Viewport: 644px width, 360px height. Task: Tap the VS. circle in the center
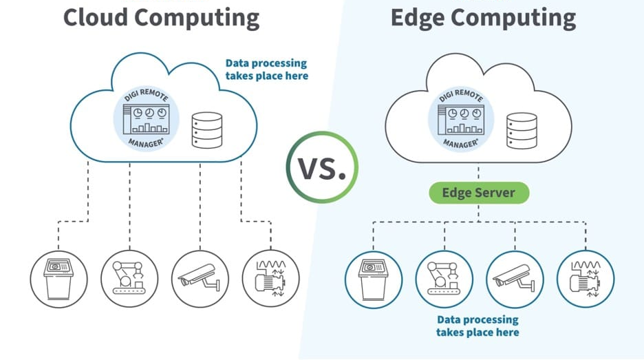pyautogui.click(x=323, y=167)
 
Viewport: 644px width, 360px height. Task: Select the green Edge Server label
pyautogui.click(x=478, y=193)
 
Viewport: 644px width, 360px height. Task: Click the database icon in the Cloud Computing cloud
pyautogui.click(x=207, y=129)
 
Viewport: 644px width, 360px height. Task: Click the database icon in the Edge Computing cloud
pyautogui.click(x=521, y=129)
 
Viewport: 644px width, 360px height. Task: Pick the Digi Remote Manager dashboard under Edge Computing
pyautogui.click(x=460, y=118)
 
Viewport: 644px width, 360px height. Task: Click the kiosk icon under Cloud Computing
pyautogui.click(x=59, y=278)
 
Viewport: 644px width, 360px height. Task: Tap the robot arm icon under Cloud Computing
pyautogui.click(x=129, y=278)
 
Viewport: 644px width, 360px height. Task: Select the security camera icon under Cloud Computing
pyautogui.click(x=200, y=278)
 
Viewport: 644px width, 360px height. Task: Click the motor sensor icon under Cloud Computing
pyautogui.click(x=270, y=278)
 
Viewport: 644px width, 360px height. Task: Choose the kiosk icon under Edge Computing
pyautogui.click(x=373, y=278)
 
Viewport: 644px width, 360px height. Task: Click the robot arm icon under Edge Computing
pyautogui.click(x=444, y=278)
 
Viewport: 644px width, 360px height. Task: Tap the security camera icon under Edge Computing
pyautogui.click(x=515, y=278)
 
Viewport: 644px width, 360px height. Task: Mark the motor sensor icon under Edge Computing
pyautogui.click(x=585, y=278)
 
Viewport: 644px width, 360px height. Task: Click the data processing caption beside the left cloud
pyautogui.click(x=266, y=69)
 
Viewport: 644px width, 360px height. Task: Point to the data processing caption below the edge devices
pyautogui.click(x=477, y=326)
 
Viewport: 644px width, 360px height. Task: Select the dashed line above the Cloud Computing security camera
pyautogui.click(x=200, y=207)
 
